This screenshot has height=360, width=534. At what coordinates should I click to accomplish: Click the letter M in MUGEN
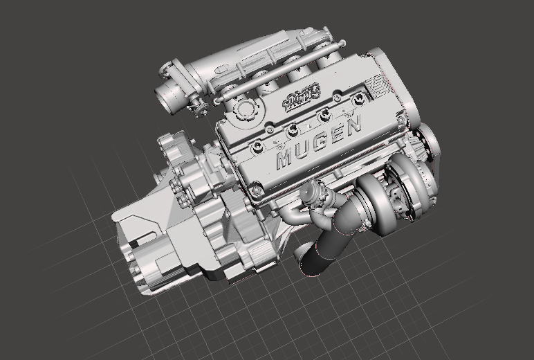pyautogui.click(x=283, y=159)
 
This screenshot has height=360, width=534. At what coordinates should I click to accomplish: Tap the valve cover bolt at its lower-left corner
pyautogui.click(x=257, y=188)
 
